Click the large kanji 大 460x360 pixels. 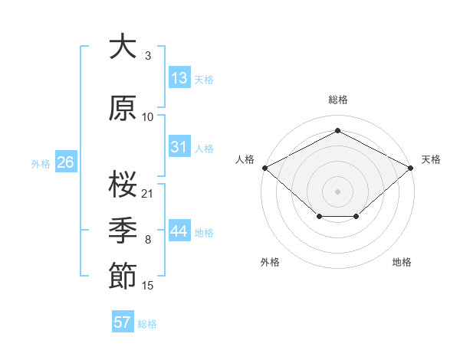123,46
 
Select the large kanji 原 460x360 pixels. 123,108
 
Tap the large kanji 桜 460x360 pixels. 123,184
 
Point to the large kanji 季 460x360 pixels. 123,230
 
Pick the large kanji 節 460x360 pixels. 123,276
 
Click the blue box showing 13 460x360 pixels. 180,77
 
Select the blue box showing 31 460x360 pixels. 180,146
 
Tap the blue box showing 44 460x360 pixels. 180,230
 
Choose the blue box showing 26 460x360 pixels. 66,162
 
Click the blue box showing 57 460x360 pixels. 123,321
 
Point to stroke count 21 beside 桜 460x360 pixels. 146,194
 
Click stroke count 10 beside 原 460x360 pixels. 147,117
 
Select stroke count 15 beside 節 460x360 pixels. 147,286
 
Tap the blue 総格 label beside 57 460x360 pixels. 147,324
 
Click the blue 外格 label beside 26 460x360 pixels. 41,164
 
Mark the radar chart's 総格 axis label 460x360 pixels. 338,100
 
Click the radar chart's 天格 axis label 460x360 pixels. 431,159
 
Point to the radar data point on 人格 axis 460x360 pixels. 265,168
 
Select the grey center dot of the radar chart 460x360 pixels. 337,191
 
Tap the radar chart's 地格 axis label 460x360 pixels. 402,262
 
